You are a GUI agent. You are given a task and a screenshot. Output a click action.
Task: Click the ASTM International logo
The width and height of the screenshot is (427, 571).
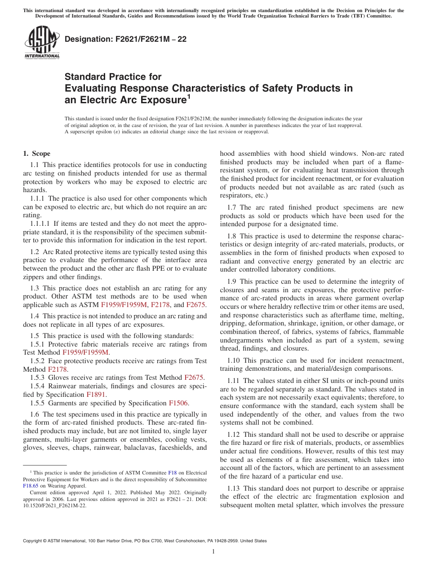[41, 42]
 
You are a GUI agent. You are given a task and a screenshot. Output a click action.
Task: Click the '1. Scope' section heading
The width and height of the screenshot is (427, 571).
[37, 154]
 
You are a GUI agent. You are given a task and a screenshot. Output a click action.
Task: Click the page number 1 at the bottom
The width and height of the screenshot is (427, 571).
[213, 551]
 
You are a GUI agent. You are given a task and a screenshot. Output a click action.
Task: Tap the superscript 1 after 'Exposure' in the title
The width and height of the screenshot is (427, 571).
[189, 96]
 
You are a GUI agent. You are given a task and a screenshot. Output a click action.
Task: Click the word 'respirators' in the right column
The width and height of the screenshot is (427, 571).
[236, 196]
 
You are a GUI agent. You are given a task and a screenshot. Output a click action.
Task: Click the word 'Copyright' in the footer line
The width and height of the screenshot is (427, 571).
[34, 541]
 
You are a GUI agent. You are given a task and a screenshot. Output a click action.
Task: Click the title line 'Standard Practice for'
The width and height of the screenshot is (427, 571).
[113, 77]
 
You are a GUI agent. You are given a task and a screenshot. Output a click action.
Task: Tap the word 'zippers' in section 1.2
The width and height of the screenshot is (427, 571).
[34, 277]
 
